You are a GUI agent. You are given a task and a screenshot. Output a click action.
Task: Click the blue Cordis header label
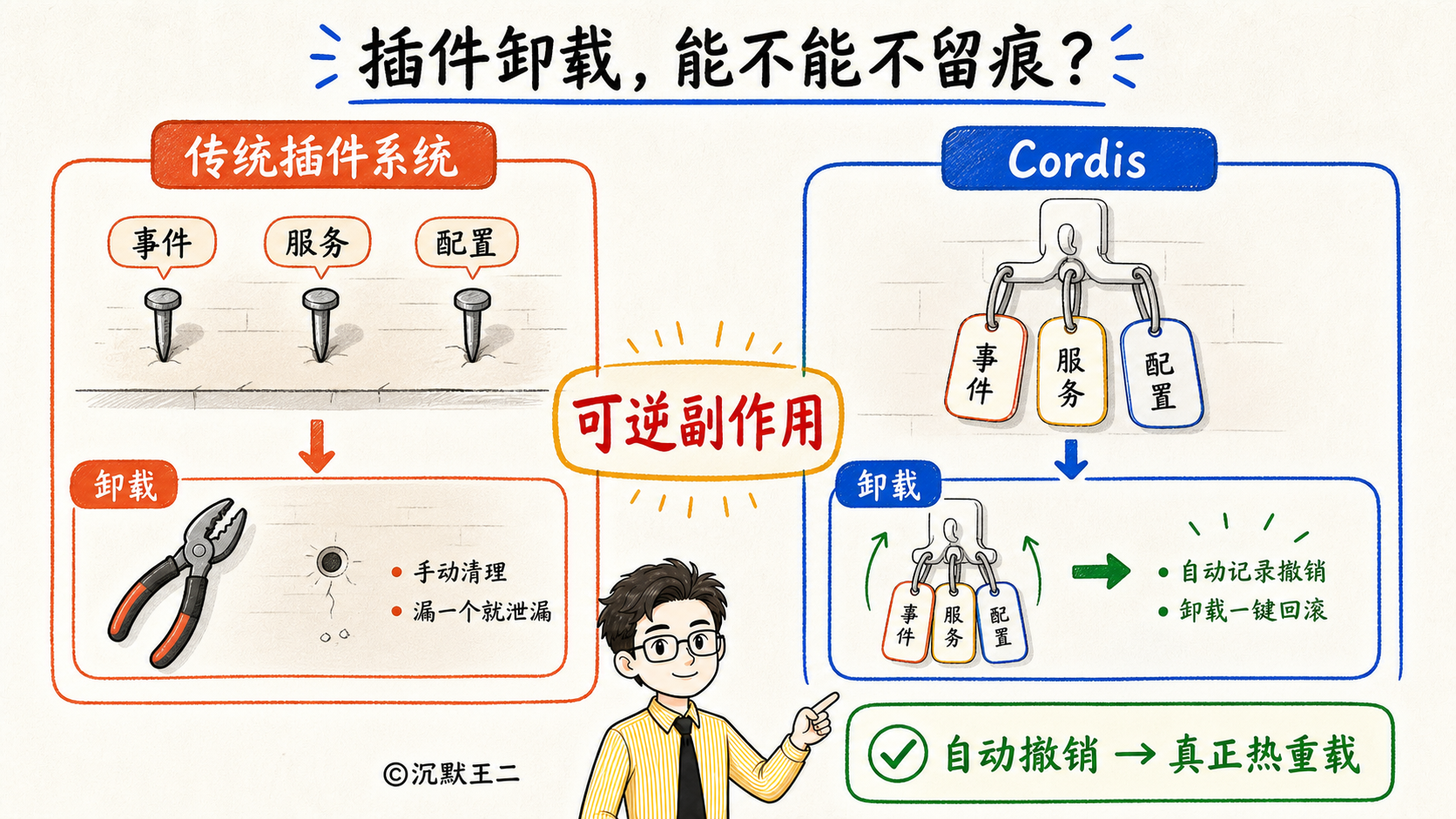coord(1078,159)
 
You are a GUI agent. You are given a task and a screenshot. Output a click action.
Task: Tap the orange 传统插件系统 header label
coord(323,155)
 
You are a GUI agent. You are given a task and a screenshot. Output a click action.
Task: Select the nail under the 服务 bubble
coord(320,324)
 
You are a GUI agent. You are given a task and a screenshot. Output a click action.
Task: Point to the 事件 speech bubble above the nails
coord(162,244)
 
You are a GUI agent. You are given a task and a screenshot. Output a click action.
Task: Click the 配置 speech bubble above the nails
coord(467,244)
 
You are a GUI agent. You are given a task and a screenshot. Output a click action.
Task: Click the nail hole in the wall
coord(331,561)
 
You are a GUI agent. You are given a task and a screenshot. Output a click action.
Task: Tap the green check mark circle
coord(897,753)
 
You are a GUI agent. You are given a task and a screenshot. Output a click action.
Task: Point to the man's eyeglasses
coord(676,647)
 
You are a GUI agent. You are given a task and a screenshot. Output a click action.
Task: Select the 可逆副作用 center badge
coord(698,421)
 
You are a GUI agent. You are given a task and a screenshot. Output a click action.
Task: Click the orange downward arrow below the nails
coord(317,446)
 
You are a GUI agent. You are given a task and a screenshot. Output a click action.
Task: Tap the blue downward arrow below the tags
coord(1070,459)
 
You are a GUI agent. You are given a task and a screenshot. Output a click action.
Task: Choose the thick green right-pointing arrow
coord(1101,571)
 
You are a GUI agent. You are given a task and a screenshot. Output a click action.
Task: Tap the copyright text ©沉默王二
coord(451,774)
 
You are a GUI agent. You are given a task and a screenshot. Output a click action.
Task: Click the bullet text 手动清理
coord(460,572)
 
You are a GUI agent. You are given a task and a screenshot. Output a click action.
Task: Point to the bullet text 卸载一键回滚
coord(1252,610)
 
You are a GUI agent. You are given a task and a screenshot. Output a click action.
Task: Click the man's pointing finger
coord(826,702)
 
